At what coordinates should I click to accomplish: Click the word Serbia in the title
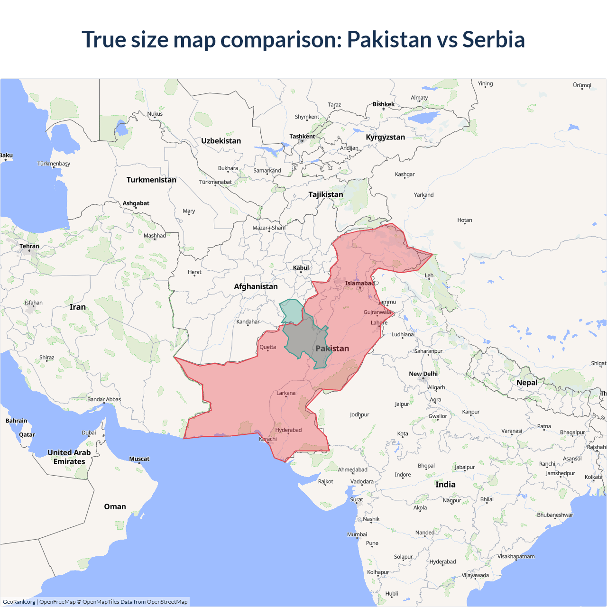click(493, 39)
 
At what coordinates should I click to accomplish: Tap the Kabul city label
click(301, 268)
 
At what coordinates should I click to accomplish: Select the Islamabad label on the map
click(359, 283)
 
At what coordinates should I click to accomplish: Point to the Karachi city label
click(268, 439)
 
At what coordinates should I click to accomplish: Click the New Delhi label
click(423, 374)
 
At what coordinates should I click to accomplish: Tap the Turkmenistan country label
click(151, 180)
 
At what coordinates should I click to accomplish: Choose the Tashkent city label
click(302, 137)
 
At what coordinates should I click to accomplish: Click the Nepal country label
click(527, 382)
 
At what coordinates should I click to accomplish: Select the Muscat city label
click(139, 459)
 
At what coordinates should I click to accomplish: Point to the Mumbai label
click(357, 534)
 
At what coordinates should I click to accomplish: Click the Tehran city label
click(29, 246)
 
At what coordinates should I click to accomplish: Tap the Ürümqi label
click(582, 85)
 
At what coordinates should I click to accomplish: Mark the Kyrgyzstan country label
click(385, 137)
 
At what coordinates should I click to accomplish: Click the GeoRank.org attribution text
click(19, 602)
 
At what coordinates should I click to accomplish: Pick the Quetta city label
click(267, 347)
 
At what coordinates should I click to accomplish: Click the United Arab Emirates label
click(69, 457)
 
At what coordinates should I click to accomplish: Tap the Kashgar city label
click(405, 174)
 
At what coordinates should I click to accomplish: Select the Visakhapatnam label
click(516, 556)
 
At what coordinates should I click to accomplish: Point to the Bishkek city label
click(383, 104)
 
